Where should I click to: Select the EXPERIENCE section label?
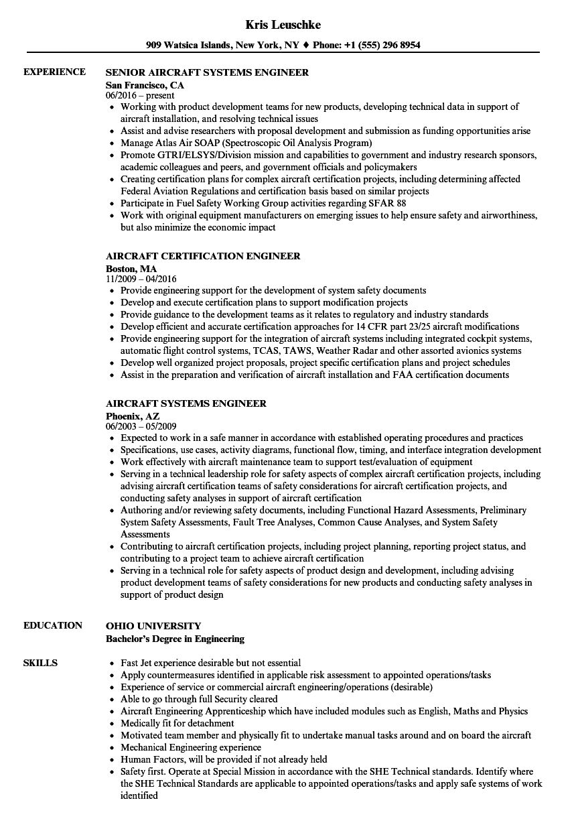click(54, 72)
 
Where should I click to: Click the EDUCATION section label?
click(53, 625)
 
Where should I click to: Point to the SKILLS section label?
click(40, 663)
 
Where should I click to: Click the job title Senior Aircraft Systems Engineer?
click(207, 72)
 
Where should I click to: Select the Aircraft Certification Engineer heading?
click(203, 256)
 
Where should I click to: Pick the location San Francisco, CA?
click(145, 85)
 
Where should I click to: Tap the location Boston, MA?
click(131, 269)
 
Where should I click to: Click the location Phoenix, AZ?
click(133, 416)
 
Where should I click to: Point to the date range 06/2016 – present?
click(140, 95)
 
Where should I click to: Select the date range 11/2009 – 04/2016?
click(141, 279)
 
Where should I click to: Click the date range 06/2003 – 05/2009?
click(141, 426)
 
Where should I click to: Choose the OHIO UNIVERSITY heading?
click(153, 626)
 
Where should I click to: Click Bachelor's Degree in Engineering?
click(175, 639)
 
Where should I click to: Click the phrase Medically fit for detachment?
click(177, 723)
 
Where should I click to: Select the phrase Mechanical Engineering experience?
click(191, 747)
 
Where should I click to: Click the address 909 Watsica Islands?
click(189, 46)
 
